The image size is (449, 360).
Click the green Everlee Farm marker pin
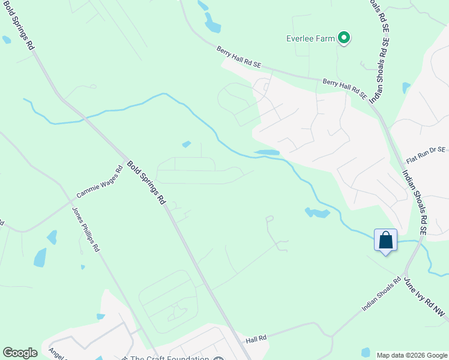[344, 39]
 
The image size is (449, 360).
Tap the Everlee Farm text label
[310, 38]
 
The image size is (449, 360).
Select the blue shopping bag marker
[385, 240]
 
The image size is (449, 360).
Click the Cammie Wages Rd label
[100, 182]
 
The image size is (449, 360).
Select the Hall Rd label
[256, 340]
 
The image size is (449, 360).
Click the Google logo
[20, 353]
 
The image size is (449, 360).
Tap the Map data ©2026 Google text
[411, 355]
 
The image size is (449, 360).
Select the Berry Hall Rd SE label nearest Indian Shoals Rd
[345, 88]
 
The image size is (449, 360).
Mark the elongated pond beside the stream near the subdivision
[267, 152]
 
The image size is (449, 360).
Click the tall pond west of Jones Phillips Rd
[40, 257]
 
